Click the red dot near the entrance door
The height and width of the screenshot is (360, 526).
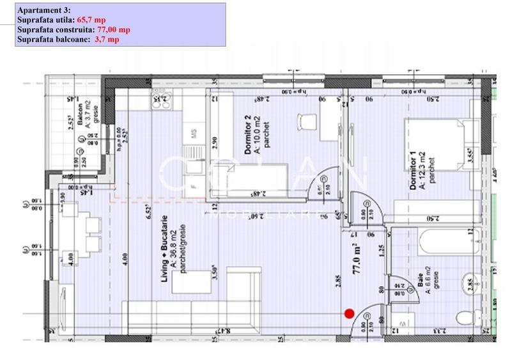349,313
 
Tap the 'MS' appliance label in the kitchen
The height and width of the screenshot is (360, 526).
194,133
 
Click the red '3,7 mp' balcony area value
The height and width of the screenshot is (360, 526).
106,39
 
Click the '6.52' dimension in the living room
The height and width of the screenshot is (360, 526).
148,210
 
